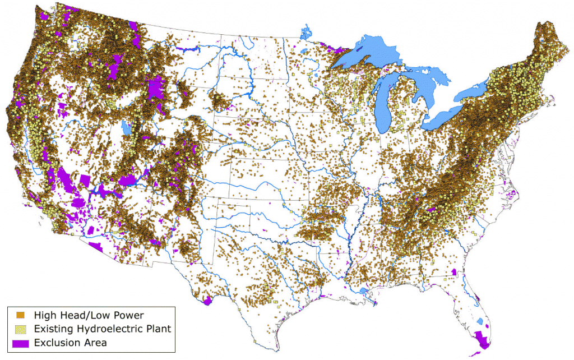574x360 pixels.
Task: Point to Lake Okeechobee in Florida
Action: point(481,322)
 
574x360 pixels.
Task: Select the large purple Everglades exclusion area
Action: point(481,339)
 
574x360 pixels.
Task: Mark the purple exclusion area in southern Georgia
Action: point(453,273)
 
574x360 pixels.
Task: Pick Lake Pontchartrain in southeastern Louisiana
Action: point(363,292)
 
